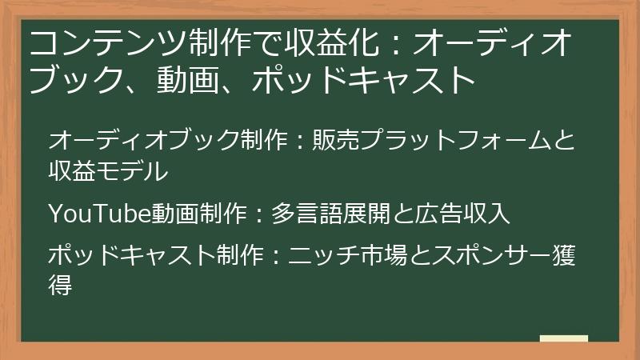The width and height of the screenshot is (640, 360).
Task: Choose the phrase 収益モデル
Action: [108, 170]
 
